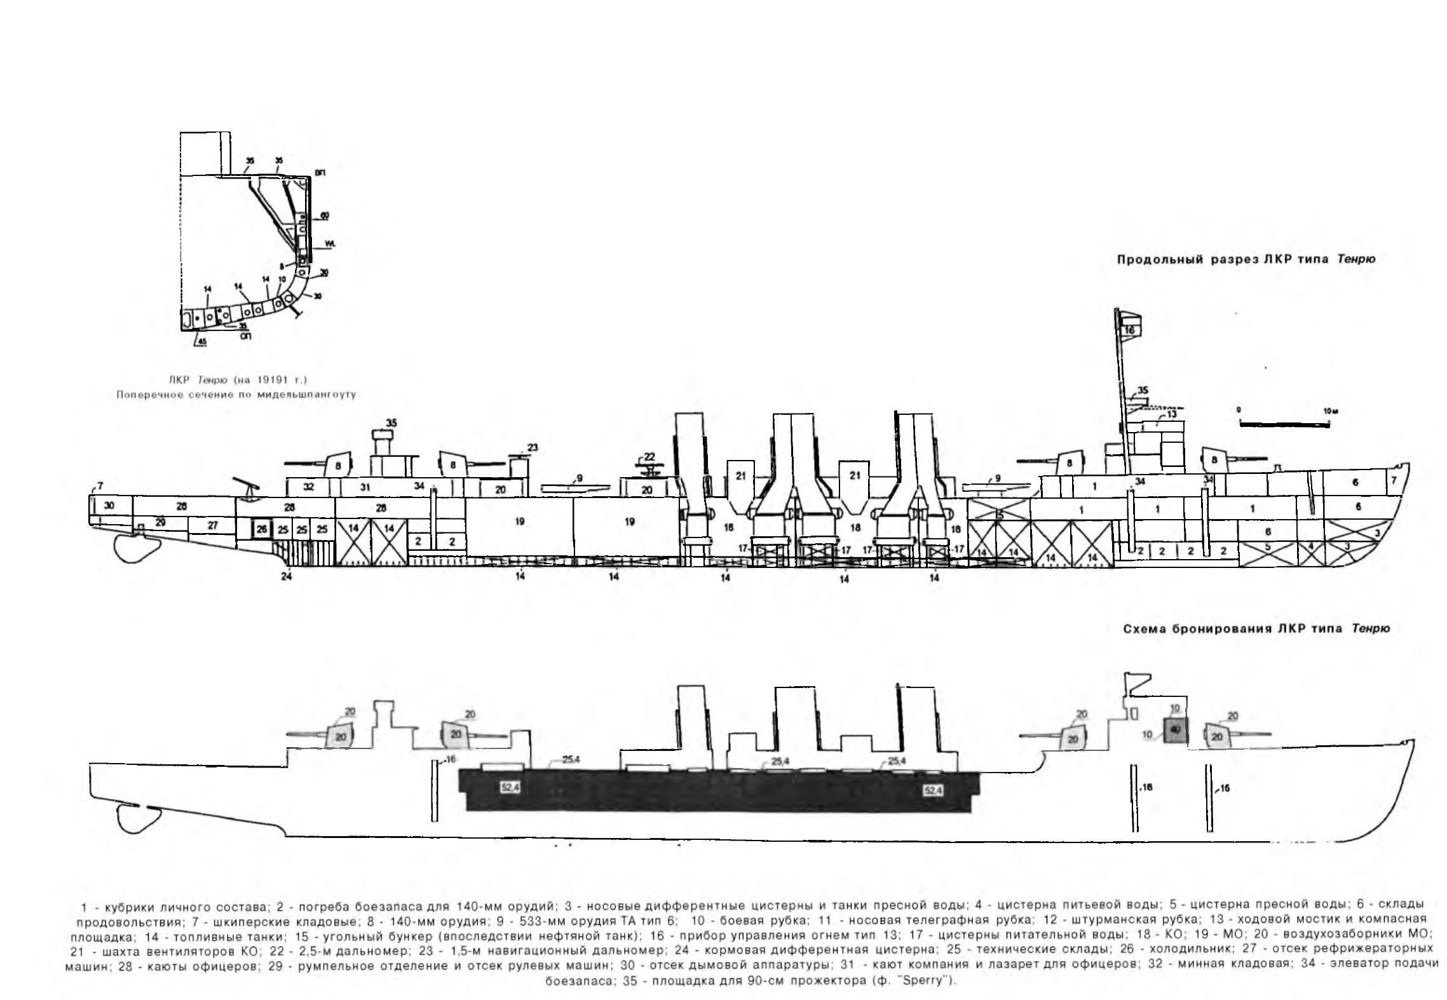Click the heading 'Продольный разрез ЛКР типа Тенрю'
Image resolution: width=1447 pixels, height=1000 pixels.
1246,260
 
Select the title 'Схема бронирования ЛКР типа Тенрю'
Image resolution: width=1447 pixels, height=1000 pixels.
1256,628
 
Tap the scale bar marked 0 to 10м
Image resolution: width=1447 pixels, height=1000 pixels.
1284,424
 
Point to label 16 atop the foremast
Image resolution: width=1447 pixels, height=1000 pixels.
1129,330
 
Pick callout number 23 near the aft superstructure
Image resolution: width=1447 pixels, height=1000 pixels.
533,447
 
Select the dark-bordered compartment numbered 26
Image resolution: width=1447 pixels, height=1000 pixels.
262,529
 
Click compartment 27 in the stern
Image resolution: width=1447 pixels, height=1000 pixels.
212,525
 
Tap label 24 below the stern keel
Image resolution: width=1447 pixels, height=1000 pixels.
287,577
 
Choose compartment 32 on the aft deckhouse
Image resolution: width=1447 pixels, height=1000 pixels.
309,487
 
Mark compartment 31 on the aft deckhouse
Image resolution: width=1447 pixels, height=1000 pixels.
365,487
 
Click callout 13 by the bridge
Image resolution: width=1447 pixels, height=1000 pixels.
1171,414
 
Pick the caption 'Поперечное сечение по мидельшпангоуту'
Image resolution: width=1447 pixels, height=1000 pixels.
236,395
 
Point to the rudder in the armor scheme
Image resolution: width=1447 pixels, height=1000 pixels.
135,820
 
